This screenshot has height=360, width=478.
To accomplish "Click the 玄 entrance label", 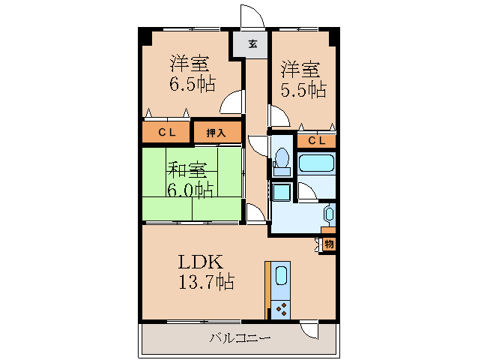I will (x=252, y=44).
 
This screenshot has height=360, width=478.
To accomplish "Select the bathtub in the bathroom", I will (x=317, y=165).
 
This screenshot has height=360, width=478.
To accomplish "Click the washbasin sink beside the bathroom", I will (x=328, y=215).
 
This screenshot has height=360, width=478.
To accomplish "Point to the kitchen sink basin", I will (x=281, y=275).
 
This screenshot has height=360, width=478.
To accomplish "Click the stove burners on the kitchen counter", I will (x=281, y=307).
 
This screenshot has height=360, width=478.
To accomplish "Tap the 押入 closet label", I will (x=216, y=133).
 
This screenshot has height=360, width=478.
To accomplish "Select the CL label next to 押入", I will (x=166, y=133).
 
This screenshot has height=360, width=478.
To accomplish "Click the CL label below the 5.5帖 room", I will (x=317, y=140).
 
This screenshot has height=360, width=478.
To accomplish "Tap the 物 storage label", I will (x=330, y=244).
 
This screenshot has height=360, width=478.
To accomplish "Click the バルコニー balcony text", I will (x=240, y=338).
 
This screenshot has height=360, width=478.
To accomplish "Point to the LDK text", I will (x=200, y=262).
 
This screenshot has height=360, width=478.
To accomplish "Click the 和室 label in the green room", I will (x=186, y=169).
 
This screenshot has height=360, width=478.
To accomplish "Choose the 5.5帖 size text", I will (x=303, y=89).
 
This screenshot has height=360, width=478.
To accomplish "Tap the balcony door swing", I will (x=309, y=329).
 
